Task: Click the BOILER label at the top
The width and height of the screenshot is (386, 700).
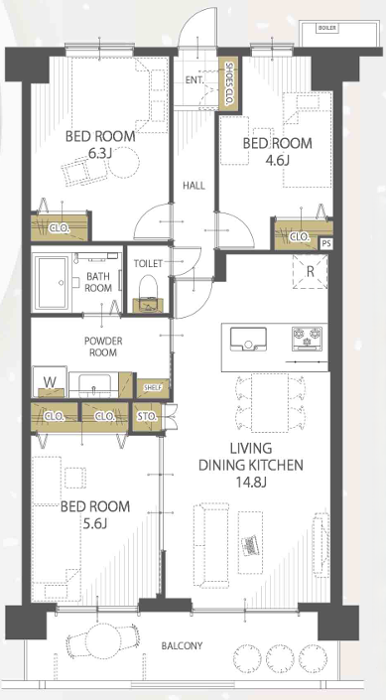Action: click(x=327, y=28)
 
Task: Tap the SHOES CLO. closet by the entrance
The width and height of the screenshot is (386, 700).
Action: click(x=228, y=83)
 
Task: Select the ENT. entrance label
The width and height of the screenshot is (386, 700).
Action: click(x=195, y=80)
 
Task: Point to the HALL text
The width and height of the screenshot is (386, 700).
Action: click(x=194, y=186)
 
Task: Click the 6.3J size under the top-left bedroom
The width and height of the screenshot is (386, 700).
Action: click(x=99, y=154)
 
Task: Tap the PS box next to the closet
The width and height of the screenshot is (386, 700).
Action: click(x=326, y=243)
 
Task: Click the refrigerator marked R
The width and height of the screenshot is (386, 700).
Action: click(x=310, y=272)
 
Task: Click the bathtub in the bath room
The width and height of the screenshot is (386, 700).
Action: click(x=53, y=283)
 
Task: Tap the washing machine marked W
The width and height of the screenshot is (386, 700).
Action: click(x=50, y=381)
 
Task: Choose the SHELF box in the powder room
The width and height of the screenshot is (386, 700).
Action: click(x=153, y=387)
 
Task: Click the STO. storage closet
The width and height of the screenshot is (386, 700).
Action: click(x=147, y=416)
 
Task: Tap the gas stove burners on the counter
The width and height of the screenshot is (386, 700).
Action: click(x=307, y=337)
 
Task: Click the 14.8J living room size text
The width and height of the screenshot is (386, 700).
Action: click(x=251, y=482)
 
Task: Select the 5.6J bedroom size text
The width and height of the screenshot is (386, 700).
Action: click(x=95, y=523)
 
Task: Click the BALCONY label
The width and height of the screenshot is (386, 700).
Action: click(x=182, y=645)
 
